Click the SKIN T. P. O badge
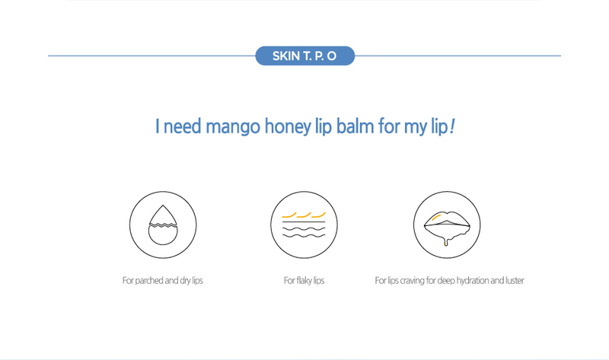click(304, 56)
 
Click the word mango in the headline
click(234, 126)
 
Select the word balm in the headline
click(353, 126)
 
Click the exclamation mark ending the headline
click(452, 126)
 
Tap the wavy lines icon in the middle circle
click(304, 225)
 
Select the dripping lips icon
click(446, 224)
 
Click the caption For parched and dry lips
click(163, 281)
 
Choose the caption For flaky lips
click(304, 281)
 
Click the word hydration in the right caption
click(471, 281)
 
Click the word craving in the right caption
click(411, 281)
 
